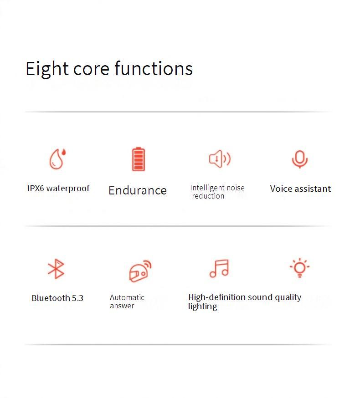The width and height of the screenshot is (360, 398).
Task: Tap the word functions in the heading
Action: pyautogui.click(x=154, y=68)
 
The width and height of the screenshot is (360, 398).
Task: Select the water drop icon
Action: pyautogui.click(x=57, y=158)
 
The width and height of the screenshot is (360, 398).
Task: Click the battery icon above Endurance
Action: pyautogui.click(x=139, y=159)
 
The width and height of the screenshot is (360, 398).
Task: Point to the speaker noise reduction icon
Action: pyautogui.click(x=220, y=159)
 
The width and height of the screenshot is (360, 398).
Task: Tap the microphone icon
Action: pyautogui.click(x=300, y=159)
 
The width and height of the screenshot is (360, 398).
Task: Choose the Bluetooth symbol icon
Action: pyautogui.click(x=56, y=269)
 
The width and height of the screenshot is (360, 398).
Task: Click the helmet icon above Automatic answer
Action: pyautogui.click(x=140, y=271)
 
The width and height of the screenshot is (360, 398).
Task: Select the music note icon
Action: pyautogui.click(x=219, y=268)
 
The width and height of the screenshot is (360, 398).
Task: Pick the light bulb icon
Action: pyautogui.click(x=300, y=268)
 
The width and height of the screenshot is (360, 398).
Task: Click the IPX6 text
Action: pyautogui.click(x=36, y=189)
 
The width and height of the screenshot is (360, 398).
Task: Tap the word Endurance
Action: pyautogui.click(x=138, y=190)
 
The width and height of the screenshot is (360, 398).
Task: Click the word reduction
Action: pyautogui.click(x=208, y=196)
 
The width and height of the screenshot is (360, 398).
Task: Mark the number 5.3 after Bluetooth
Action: pyautogui.click(x=77, y=298)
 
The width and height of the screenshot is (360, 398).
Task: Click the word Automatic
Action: pyautogui.click(x=127, y=297)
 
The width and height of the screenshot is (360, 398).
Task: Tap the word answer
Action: pyautogui.click(x=122, y=306)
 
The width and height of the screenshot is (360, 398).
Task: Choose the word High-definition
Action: pyautogui.click(x=217, y=297)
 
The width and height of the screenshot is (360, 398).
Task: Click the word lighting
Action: pyautogui.click(x=202, y=306)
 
